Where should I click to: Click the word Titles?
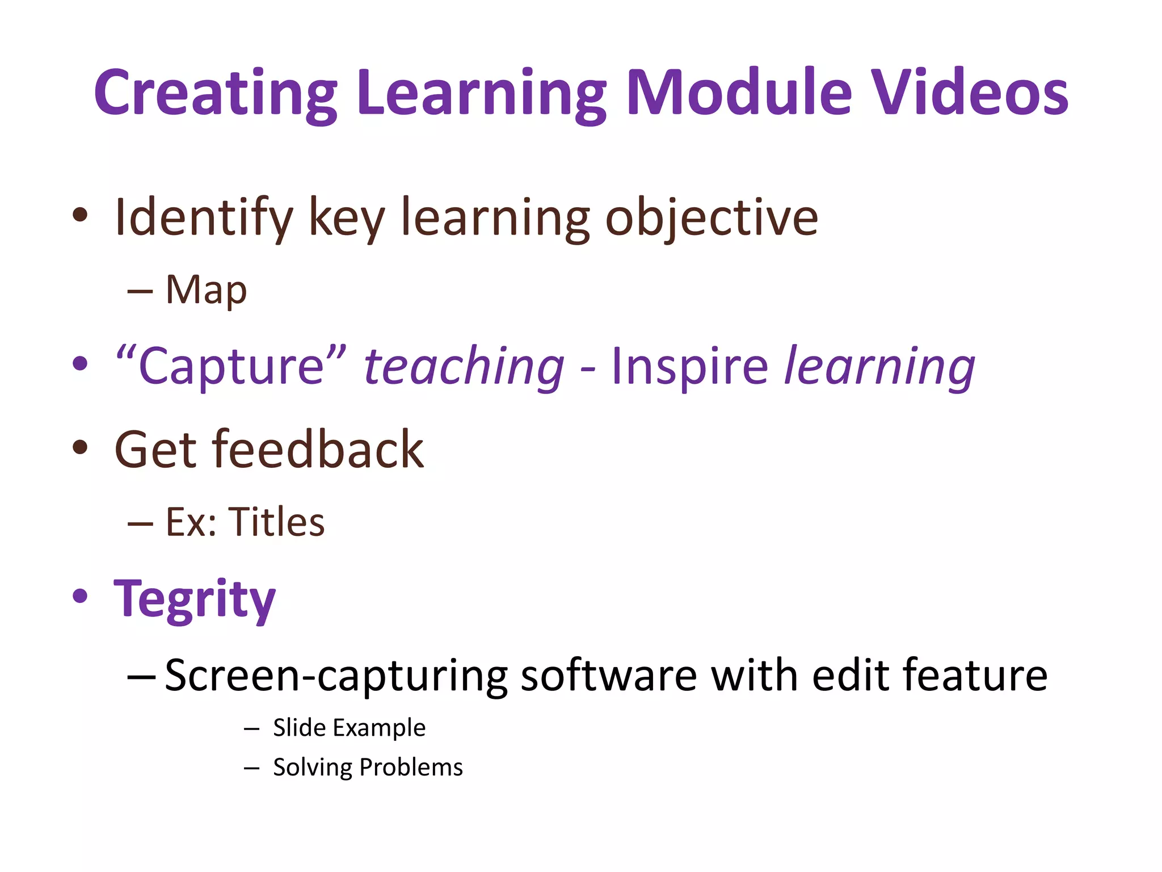point(276,522)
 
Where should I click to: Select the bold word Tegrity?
point(195,600)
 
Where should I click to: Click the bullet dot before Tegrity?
point(81,596)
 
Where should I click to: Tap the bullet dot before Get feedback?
point(81,447)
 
